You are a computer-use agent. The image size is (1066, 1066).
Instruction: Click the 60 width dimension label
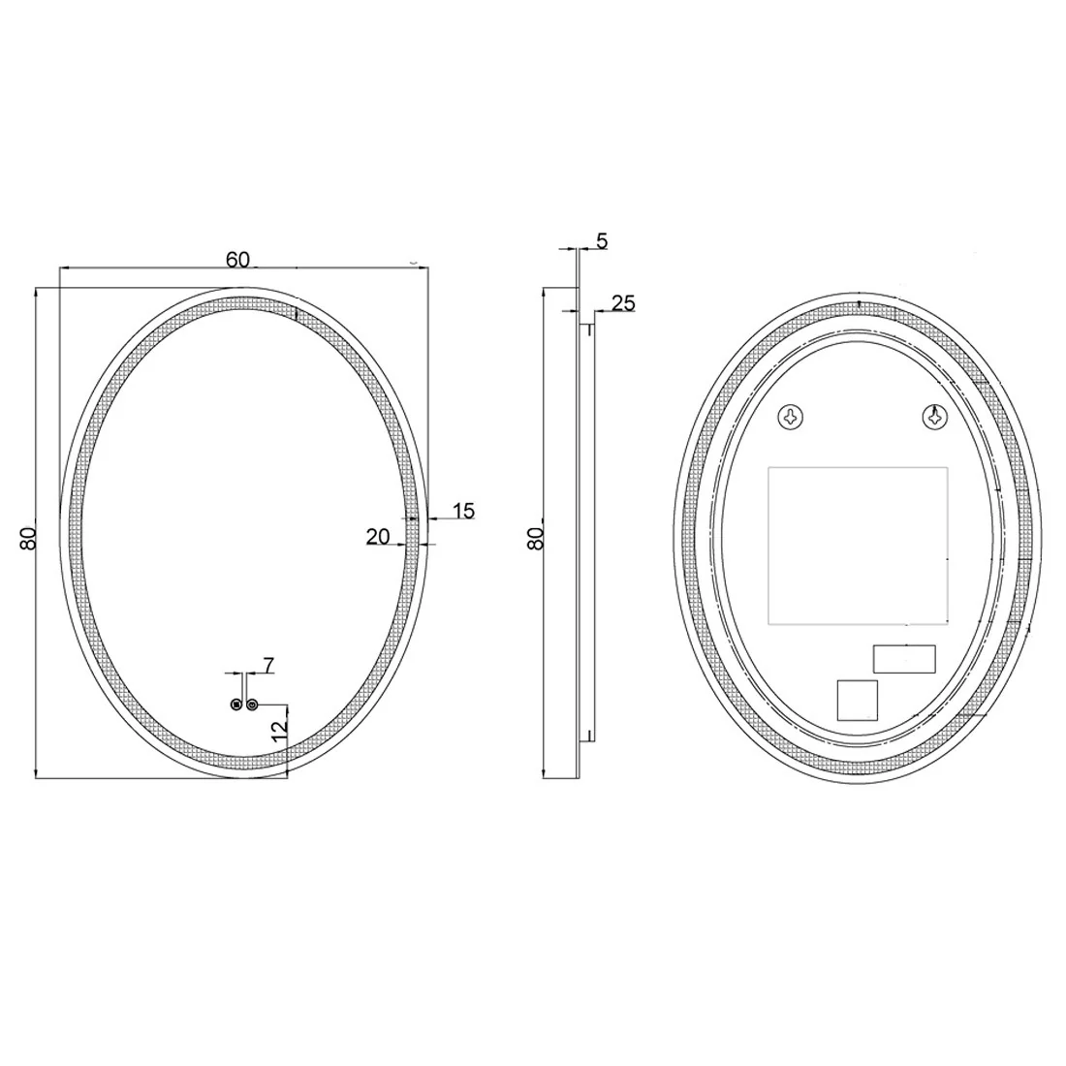pyautogui.click(x=238, y=259)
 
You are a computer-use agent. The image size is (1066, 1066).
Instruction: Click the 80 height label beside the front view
pyautogui.click(x=28, y=539)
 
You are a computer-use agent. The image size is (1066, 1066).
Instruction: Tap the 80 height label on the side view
pyautogui.click(x=537, y=539)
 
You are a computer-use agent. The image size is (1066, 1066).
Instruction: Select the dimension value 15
pyautogui.click(x=463, y=511)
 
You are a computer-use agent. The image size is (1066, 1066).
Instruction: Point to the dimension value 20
pyautogui.click(x=378, y=537)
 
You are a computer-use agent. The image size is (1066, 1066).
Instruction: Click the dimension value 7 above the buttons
pyautogui.click(x=269, y=665)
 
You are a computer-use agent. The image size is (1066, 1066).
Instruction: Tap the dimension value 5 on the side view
pyautogui.click(x=602, y=240)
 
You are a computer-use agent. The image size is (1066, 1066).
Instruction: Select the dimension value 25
pyautogui.click(x=623, y=302)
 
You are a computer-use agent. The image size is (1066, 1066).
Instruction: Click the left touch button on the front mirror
pyautogui.click(x=235, y=705)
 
